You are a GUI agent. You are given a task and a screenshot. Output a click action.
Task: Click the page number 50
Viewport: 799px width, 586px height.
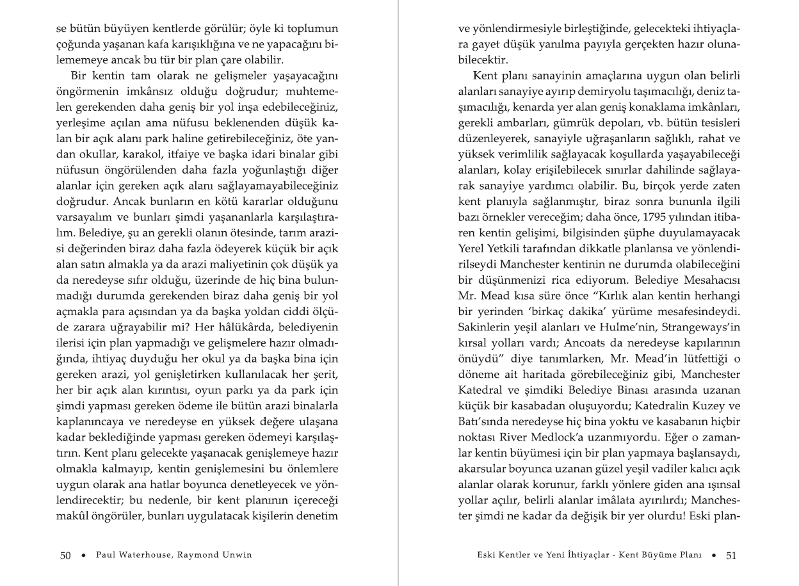coord(65,555)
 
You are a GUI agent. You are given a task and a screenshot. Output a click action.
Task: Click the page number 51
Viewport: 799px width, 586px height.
coord(731,555)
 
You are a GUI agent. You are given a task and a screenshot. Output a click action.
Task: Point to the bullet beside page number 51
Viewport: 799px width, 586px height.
coord(714,555)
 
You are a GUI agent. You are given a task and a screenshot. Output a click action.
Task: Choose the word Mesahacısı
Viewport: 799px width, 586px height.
coord(711,280)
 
